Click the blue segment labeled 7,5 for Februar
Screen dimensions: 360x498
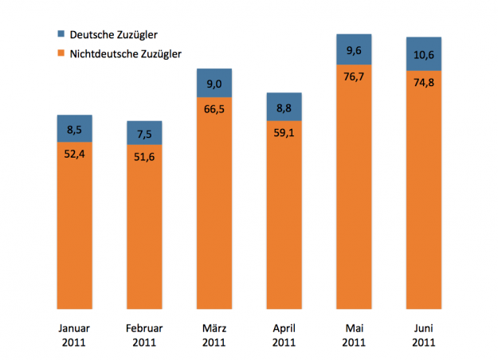tap(144, 132)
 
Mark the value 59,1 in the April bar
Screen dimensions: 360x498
tap(283, 133)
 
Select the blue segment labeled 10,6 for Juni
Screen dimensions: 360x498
tap(423, 53)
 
